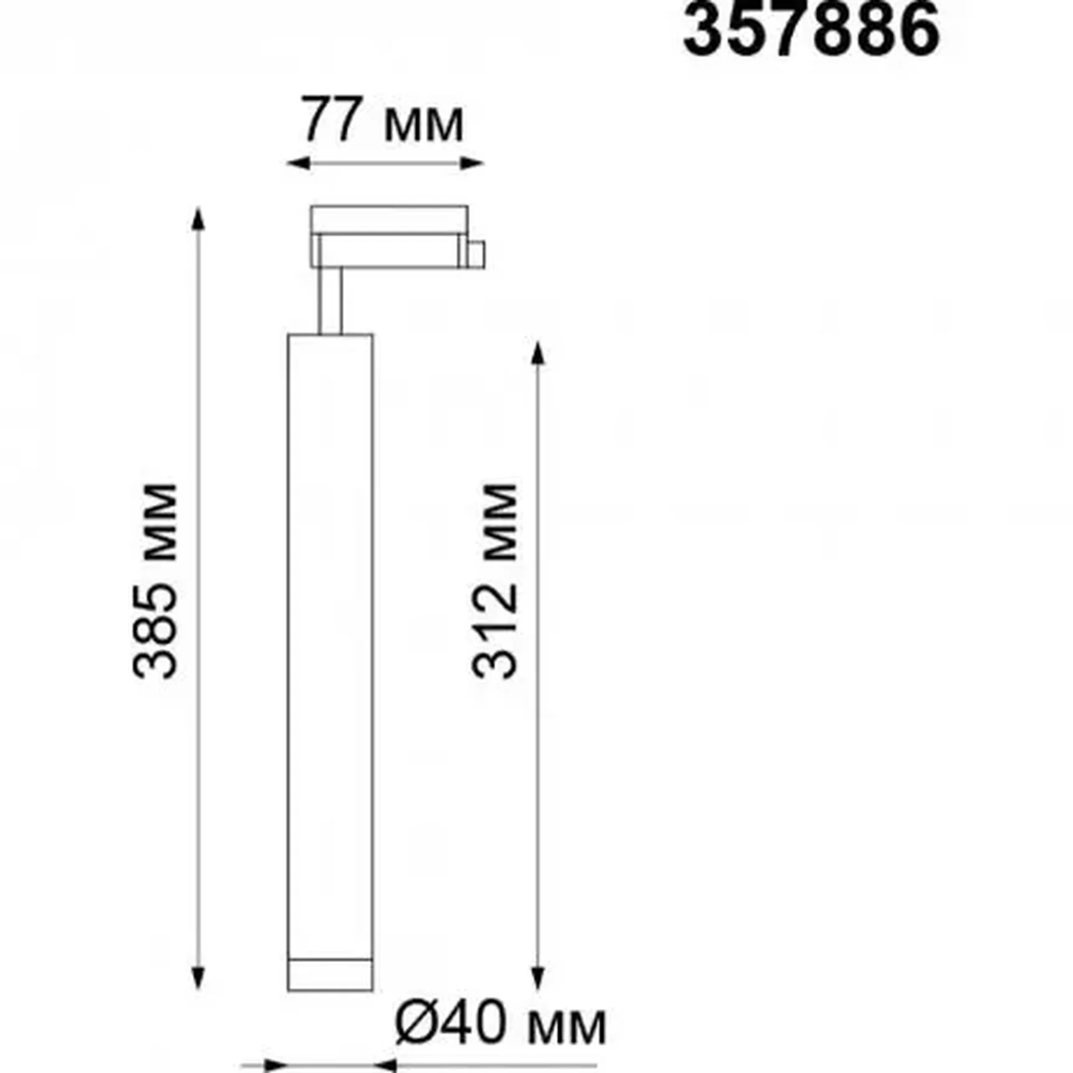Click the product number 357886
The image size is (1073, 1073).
[x=811, y=30]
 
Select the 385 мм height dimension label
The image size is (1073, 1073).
[x=156, y=580]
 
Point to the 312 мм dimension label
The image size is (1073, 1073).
[x=495, y=580]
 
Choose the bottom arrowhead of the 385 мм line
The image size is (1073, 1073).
[x=198, y=978]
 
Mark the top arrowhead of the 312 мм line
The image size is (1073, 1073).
[x=538, y=353]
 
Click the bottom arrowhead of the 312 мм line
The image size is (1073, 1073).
[x=538, y=978]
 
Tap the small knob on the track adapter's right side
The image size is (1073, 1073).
[x=477, y=255]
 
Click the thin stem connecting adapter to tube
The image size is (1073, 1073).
[x=330, y=301]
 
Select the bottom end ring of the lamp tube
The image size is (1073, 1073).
[x=330, y=974]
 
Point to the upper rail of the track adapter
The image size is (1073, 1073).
[x=389, y=219]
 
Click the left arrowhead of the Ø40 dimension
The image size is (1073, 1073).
[x=274, y=1065]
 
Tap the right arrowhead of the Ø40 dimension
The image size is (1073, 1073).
[x=386, y=1065]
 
